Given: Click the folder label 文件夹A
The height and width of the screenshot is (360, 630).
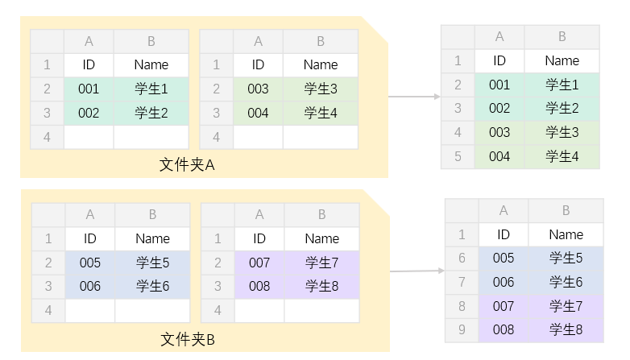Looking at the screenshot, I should (187, 165).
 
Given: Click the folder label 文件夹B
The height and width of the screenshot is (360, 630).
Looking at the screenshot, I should (188, 339).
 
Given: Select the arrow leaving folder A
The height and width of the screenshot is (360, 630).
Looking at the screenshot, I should (414, 97).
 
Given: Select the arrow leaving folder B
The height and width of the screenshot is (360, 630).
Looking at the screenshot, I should (417, 271).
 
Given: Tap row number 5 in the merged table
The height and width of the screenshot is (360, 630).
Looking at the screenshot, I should (458, 156).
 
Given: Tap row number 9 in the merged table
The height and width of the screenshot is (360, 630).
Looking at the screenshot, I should (462, 329).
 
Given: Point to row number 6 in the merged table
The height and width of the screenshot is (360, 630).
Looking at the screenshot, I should (462, 258).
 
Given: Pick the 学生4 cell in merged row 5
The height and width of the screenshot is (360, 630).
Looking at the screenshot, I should (562, 156).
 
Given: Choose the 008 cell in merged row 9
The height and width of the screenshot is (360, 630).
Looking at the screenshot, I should (504, 329).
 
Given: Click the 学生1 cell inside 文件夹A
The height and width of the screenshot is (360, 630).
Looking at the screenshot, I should (151, 89).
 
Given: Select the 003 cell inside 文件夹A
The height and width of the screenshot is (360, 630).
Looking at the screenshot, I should (258, 89).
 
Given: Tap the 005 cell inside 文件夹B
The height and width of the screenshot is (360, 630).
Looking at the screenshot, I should (90, 263).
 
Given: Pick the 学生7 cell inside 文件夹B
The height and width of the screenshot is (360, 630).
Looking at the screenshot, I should (321, 263).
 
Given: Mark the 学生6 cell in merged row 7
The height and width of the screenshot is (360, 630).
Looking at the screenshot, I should (566, 282).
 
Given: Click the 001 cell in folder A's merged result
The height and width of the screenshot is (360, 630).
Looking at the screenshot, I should (499, 85).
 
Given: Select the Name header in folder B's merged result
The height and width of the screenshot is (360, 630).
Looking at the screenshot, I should (566, 234).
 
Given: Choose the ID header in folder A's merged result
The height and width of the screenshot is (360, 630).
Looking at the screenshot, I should (499, 60).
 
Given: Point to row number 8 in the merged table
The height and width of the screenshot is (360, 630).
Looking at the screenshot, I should (462, 306).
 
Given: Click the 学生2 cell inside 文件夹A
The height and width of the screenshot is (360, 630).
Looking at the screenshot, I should (151, 113).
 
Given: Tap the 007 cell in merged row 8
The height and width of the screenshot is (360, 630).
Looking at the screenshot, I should (504, 306).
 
